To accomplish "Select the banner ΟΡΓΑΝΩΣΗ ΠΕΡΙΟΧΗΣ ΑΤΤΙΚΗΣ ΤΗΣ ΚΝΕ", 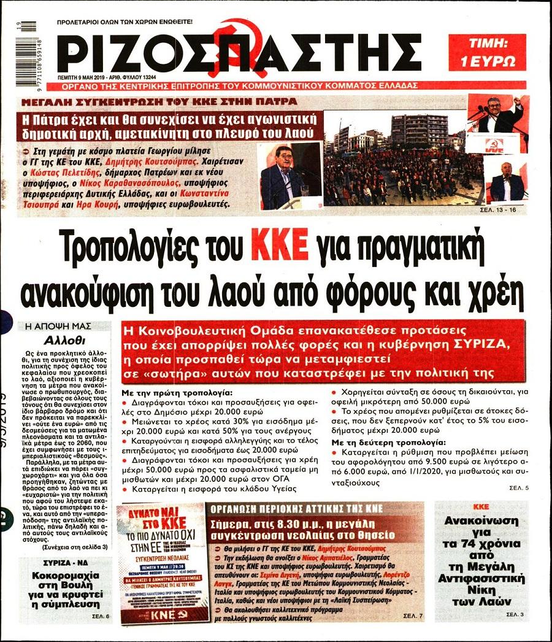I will (297, 509).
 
